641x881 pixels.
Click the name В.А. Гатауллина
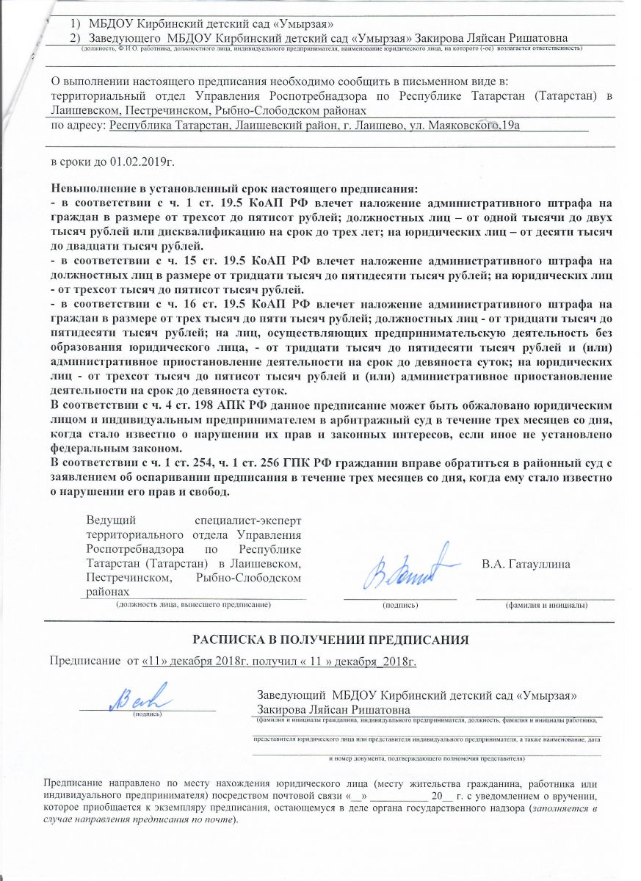coord(526,565)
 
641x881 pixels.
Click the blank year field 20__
coord(441,796)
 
